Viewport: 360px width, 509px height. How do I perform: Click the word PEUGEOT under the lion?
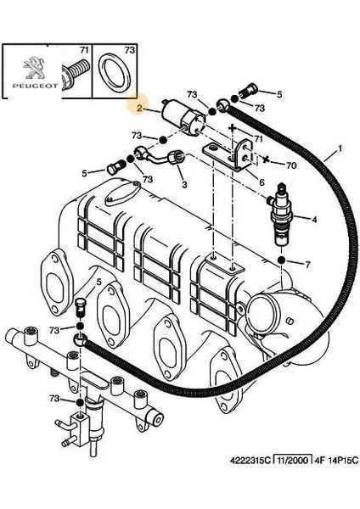pos(36,86)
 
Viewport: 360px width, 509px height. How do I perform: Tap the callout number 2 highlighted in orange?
pos(139,108)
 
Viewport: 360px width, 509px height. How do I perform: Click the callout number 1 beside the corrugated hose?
pos(340,148)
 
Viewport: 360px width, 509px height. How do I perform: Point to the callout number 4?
pos(314,220)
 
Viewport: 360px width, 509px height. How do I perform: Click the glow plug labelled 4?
pos(281,215)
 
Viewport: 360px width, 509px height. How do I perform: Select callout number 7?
pos(307,265)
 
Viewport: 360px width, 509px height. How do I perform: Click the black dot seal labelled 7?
pos(281,260)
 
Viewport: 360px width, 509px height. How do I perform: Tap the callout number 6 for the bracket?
pos(262,182)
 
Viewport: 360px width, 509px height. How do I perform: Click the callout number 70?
pos(291,165)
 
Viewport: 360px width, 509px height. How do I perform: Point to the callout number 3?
pos(184,184)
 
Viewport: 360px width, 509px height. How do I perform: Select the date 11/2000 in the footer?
pos(294,460)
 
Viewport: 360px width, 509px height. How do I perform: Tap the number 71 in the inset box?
pos(84,50)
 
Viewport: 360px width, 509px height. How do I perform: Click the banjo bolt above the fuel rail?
pos(80,308)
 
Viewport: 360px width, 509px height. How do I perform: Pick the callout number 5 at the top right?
pos(279,94)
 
